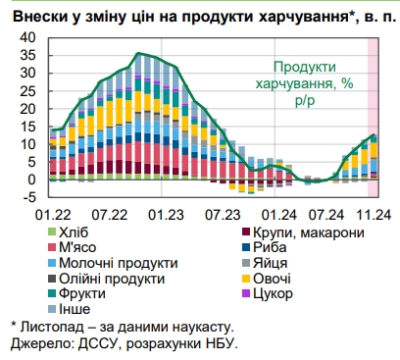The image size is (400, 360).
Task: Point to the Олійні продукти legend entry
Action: (112, 280)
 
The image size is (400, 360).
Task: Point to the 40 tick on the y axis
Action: (26, 38)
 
